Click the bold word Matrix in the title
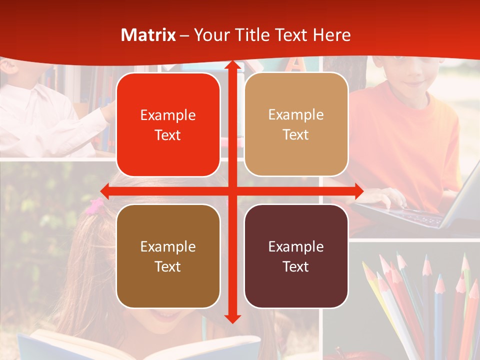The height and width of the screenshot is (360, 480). (148, 35)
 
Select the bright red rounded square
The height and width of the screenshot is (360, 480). (168, 124)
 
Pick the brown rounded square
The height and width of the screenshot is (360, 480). (168, 256)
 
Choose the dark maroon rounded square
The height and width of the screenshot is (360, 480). (296, 256)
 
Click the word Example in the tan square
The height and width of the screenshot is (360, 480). (296, 114)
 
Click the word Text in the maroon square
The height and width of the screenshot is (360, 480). (296, 266)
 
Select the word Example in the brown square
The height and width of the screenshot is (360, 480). (168, 246)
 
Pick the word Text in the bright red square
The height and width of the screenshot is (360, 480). (168, 135)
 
